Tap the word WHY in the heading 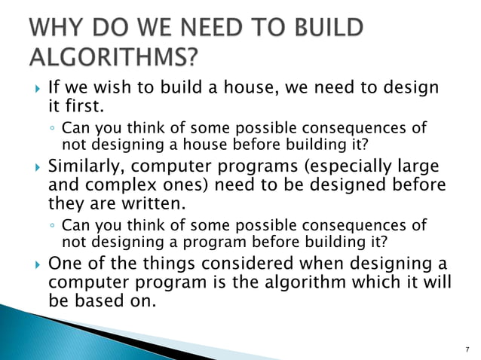[54, 27]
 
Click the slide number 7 [468, 349]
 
